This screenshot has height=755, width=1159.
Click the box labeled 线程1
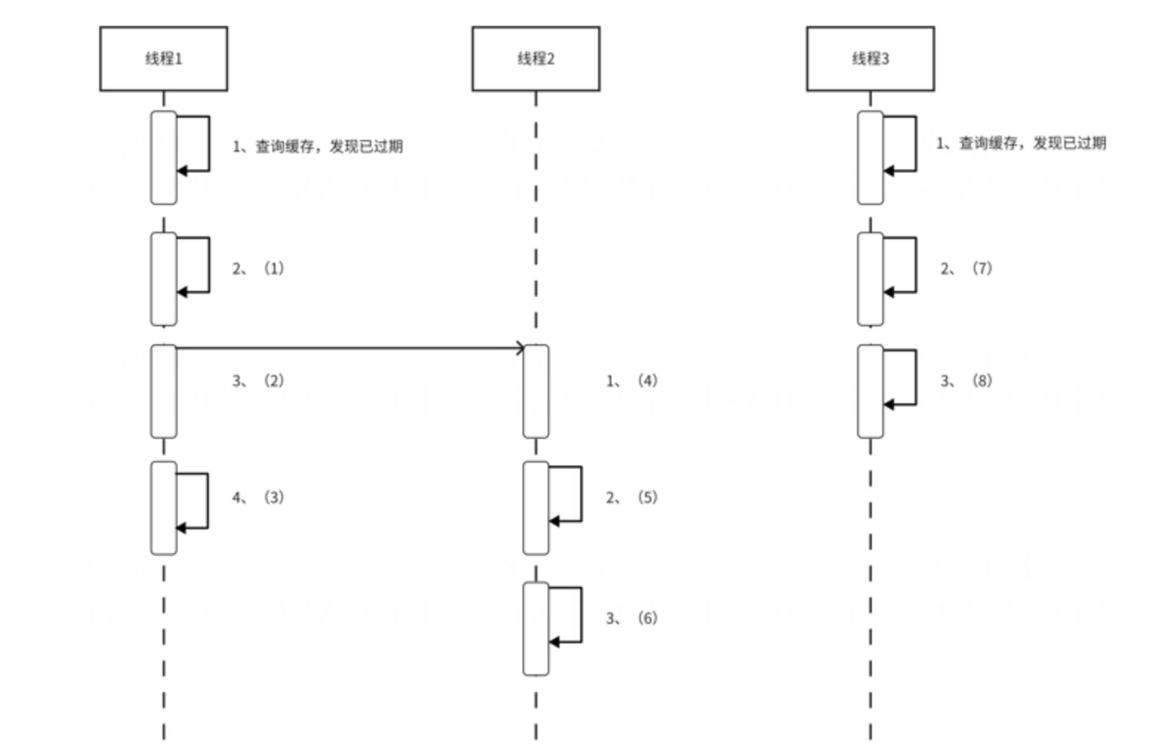pyautogui.click(x=164, y=58)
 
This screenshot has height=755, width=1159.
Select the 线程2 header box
pyautogui.click(x=536, y=58)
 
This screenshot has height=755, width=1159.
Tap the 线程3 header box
pyautogui.click(x=870, y=58)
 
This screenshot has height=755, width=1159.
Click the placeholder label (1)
pyautogui.click(x=274, y=268)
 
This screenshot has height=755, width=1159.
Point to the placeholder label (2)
pyautogui.click(x=274, y=380)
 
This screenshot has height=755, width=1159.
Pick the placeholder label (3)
pyautogui.click(x=274, y=497)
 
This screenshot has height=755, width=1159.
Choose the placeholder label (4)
pyautogui.click(x=648, y=380)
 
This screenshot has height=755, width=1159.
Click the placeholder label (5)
pyautogui.click(x=648, y=497)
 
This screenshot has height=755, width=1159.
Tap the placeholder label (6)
pyautogui.click(x=648, y=618)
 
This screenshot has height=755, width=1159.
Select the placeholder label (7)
pyautogui.click(x=982, y=268)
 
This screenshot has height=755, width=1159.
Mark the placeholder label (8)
pyautogui.click(x=982, y=380)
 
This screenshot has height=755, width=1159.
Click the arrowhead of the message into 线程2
pyautogui.click(x=520, y=348)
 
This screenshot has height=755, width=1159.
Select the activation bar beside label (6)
pyautogui.click(x=536, y=628)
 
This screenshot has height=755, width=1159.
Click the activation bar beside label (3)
pyautogui.click(x=164, y=508)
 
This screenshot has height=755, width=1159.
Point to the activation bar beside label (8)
pyautogui.click(x=870, y=391)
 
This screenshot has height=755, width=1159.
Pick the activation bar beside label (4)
pyautogui.click(x=536, y=391)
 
